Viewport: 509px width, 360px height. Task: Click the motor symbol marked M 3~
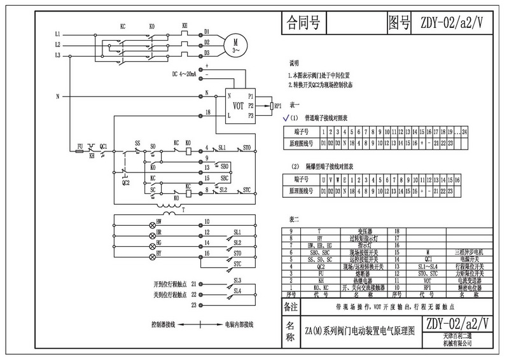(235, 43)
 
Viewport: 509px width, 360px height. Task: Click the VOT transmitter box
(239, 105)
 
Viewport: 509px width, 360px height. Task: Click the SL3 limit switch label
(237, 280)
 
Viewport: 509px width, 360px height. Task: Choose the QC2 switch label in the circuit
(125, 183)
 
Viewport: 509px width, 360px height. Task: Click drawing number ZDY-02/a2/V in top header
(456, 24)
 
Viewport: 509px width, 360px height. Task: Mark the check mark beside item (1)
(284, 118)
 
